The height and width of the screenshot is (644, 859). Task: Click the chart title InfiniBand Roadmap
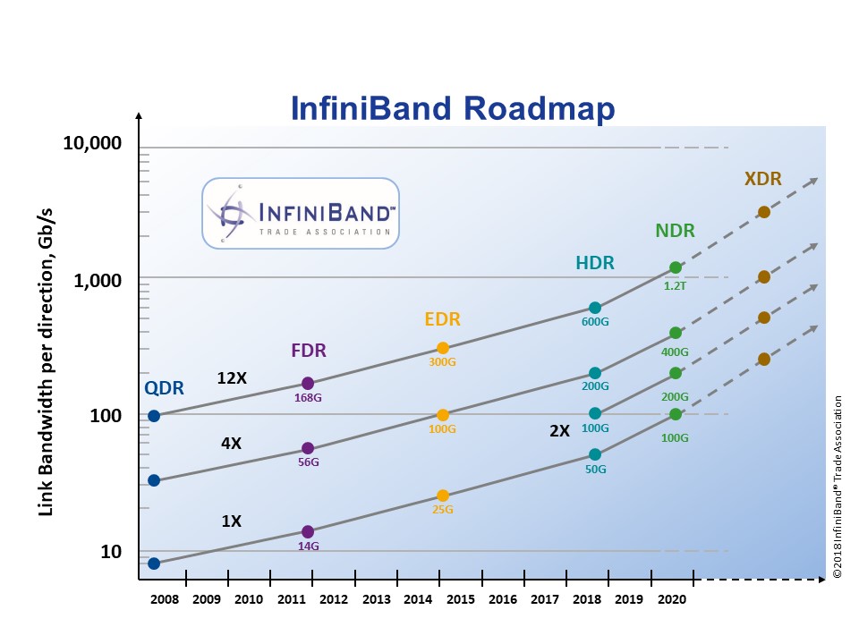tap(454, 109)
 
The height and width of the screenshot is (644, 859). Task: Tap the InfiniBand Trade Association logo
tap(300, 212)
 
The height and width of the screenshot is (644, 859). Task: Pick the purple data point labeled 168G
tap(308, 383)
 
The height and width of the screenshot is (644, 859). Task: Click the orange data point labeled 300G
tap(442, 348)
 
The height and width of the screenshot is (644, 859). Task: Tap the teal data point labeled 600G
tap(594, 308)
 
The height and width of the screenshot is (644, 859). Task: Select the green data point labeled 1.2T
tap(676, 267)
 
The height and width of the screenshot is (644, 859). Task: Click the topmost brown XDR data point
tap(763, 212)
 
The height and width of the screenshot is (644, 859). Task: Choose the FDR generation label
tap(310, 350)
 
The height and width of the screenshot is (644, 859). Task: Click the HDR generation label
tap(596, 263)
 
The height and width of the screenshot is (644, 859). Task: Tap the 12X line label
tap(232, 378)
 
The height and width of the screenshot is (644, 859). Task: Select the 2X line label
tap(559, 430)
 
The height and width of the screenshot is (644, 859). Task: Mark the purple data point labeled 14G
tap(308, 531)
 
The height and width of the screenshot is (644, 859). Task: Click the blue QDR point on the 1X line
tap(154, 563)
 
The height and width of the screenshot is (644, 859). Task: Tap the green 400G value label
tap(676, 352)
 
